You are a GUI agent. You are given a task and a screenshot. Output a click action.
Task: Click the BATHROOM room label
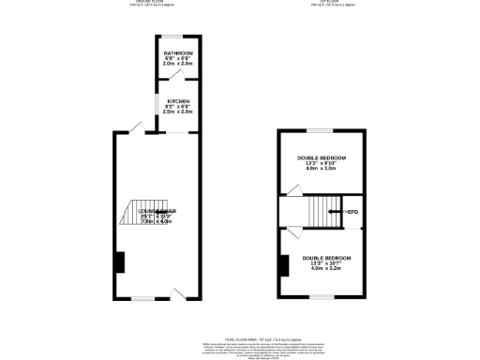click(x=178, y=52)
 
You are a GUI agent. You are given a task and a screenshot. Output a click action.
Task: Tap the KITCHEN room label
click(x=178, y=101)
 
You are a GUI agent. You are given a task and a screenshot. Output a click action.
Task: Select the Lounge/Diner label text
click(x=157, y=213)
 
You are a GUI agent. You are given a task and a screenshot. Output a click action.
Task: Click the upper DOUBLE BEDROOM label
click(x=322, y=157)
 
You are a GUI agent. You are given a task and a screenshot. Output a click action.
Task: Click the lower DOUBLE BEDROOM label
click(x=326, y=258)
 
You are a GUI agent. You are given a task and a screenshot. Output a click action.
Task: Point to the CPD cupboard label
click(x=353, y=213)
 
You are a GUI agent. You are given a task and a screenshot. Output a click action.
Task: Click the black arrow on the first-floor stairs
click(x=334, y=213)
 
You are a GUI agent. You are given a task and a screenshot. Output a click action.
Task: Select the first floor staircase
click(x=320, y=211)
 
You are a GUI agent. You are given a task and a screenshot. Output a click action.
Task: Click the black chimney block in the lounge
click(x=119, y=262)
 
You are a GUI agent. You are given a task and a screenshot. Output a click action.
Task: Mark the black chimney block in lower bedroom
click(x=281, y=266)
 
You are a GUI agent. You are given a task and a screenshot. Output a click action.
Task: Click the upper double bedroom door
click(x=292, y=191)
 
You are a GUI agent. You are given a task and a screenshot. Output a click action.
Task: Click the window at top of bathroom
click(x=177, y=38)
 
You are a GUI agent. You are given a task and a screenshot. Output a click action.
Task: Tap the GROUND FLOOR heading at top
click(x=170, y=3)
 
